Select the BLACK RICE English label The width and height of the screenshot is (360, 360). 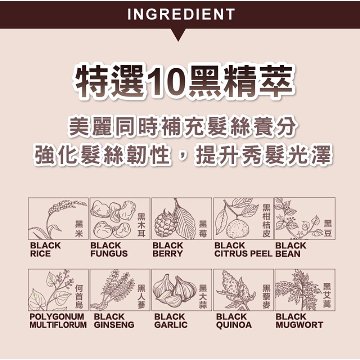(x=45, y=249)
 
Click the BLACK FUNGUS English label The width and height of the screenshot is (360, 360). (x=109, y=249)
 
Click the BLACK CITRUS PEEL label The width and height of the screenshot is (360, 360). (x=244, y=249)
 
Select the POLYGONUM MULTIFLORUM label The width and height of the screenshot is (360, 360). (x=58, y=320)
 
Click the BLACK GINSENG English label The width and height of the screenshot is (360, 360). (x=114, y=320)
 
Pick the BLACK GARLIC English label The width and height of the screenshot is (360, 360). (x=171, y=320)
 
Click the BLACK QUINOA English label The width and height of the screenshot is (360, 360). (x=234, y=320)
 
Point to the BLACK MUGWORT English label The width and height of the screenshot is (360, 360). (x=299, y=320)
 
